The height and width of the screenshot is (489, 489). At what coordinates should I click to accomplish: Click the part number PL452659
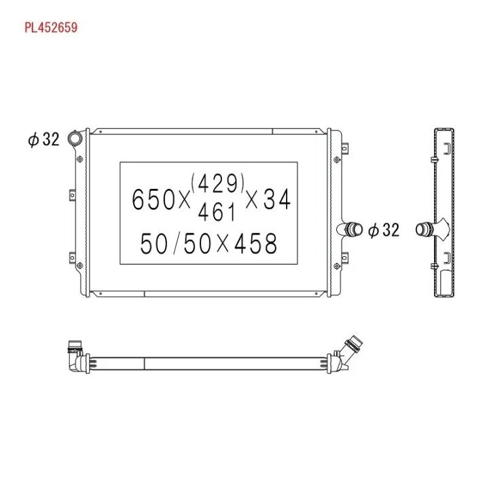pyautogui.click(x=51, y=27)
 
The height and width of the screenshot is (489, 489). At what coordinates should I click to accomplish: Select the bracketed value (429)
pyautogui.click(x=218, y=183)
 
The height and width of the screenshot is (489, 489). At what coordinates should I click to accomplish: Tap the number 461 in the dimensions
pyautogui.click(x=217, y=212)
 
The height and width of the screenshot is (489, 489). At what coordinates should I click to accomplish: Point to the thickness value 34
pyautogui.click(x=277, y=199)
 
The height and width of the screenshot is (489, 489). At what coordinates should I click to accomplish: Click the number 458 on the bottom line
pyautogui.click(x=255, y=243)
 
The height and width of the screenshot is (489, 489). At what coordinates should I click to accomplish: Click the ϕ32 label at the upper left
pyautogui.click(x=43, y=139)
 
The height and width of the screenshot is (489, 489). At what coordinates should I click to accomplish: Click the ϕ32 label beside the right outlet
pyautogui.click(x=383, y=230)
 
